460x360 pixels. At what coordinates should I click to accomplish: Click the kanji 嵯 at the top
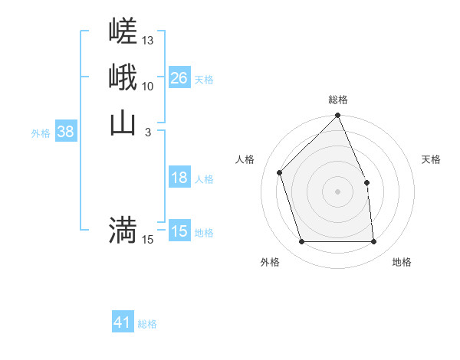pos(123,32)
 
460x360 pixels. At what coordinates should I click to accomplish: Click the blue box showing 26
pos(179,78)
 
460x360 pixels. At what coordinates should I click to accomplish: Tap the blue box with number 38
pos(66,132)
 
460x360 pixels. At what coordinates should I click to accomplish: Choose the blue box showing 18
pos(179,178)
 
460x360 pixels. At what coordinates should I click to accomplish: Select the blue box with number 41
pos(123,322)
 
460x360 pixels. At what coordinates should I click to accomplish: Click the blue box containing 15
pos(179,231)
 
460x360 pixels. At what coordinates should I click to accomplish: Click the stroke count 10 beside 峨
pos(148,86)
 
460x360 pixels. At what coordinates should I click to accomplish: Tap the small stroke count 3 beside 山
pos(147,133)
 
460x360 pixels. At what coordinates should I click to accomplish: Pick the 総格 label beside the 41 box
pos(147,324)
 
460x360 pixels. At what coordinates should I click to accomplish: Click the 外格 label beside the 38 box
pos(41,133)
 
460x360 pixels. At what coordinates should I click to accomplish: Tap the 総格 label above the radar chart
pos(338,100)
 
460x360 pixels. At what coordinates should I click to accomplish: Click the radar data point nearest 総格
pos(338,116)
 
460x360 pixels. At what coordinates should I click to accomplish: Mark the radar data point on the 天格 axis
pos(366,182)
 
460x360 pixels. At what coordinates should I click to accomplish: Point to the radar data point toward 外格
pos(301,242)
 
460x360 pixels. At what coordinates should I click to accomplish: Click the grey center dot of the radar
pos(338,191)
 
